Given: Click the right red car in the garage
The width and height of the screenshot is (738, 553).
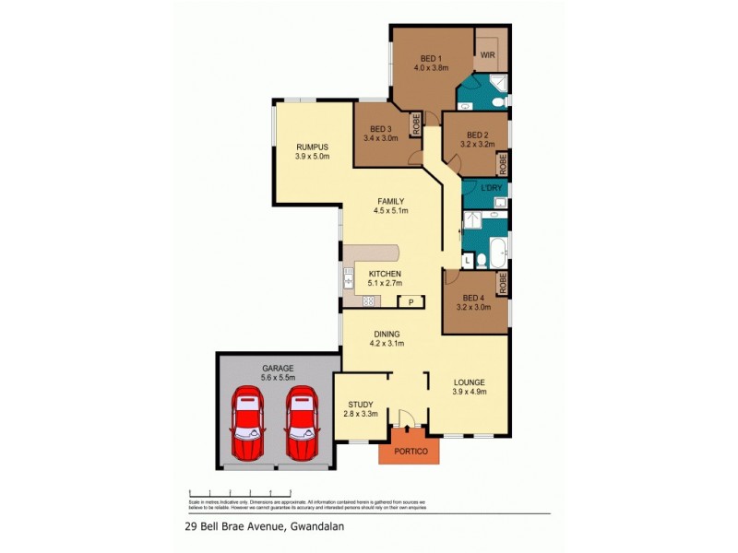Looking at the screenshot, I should tap(301, 424).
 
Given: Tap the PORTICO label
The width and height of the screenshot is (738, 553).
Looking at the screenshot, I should tap(409, 451).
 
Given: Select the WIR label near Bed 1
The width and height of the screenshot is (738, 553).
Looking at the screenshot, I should tap(488, 55).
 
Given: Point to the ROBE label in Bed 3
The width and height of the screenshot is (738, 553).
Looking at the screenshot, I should tap(416, 124).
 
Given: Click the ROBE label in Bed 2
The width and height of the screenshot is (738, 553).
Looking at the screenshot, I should tap(503, 164).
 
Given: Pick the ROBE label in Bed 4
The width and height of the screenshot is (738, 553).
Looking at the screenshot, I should tap(503, 284).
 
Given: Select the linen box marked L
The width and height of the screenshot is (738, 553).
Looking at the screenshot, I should tap(468, 261).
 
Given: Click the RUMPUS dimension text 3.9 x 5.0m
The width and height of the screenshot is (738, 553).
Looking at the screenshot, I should tap(312, 157).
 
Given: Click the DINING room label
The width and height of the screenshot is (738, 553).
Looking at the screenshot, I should tap(386, 335).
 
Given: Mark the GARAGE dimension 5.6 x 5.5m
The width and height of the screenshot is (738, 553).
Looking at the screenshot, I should tap(277, 378).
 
